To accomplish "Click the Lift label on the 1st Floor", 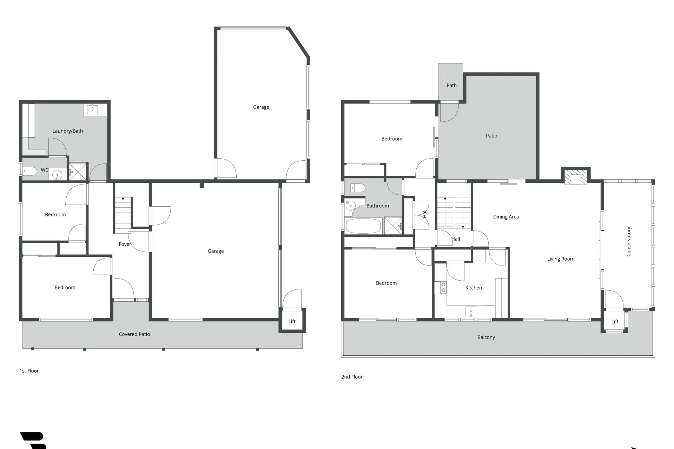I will coord(292,321).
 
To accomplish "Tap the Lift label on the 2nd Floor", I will coord(615,322).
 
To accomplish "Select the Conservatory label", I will coord(628,241).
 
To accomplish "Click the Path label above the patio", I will coord(451,85).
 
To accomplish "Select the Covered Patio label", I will coord(134,334).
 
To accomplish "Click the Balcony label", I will coord(486,337).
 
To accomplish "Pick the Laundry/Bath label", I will coord(67,131).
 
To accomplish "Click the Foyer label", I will coord(125,244).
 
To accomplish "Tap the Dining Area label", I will coord(506,217).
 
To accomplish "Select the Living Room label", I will coord(561,259).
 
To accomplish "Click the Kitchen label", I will coord(474,288).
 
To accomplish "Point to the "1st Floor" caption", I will coord(29,371).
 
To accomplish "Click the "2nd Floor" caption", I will coord(352,377).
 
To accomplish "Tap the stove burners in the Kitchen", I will coord(443,287).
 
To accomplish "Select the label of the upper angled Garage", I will coord(261,107).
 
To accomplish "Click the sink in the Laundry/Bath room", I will coord(92,109).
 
